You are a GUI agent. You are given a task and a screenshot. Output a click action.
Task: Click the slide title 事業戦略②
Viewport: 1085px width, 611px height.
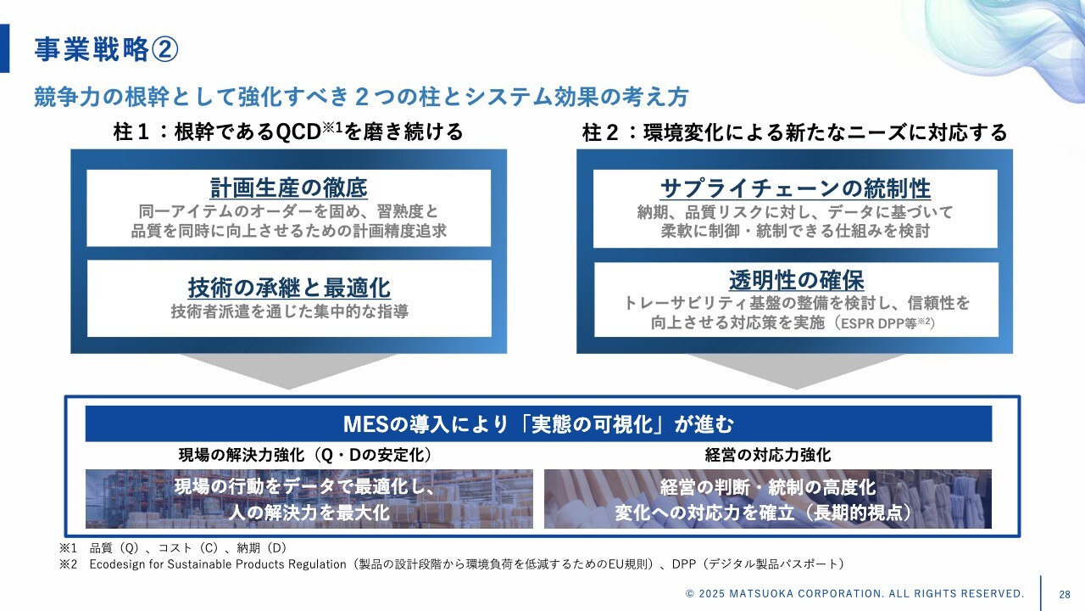click(106, 49)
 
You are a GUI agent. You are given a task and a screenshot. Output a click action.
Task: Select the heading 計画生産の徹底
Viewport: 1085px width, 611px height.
click(289, 188)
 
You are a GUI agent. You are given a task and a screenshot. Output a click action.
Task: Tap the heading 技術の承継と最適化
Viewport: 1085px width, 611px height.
click(289, 288)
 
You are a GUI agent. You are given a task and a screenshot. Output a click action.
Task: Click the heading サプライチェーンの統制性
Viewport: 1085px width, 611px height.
click(795, 188)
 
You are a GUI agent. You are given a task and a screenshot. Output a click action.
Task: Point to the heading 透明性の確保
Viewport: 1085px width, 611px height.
click(796, 280)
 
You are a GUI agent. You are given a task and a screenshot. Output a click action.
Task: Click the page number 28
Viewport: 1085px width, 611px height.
click(1064, 594)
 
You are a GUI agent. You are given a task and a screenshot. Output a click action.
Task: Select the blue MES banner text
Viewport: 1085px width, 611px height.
click(538, 423)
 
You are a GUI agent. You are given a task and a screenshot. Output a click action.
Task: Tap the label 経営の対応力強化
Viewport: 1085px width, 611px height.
click(768, 455)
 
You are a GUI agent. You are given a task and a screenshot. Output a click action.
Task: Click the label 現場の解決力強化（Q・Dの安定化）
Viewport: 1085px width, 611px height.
click(305, 455)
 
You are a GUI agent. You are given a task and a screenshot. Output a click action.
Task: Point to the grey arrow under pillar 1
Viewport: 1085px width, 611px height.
click(289, 371)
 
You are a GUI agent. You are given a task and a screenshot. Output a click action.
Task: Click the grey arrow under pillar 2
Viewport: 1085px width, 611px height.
click(796, 371)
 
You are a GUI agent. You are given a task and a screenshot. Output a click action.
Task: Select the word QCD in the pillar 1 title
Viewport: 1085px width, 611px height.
click(298, 132)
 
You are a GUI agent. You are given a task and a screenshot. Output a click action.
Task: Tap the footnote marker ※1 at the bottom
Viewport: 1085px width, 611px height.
click(69, 548)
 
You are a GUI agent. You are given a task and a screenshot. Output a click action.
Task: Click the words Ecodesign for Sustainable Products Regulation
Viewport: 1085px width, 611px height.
click(218, 564)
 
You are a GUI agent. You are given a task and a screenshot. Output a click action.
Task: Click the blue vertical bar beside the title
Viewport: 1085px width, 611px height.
click(4, 48)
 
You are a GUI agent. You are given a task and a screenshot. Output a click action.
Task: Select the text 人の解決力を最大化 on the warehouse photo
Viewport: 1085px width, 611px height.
click(309, 512)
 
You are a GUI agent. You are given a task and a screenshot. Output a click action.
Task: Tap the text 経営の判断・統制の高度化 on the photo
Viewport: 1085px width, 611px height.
click(768, 487)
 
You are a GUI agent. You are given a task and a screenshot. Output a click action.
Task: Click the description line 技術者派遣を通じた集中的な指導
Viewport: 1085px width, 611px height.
click(290, 311)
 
